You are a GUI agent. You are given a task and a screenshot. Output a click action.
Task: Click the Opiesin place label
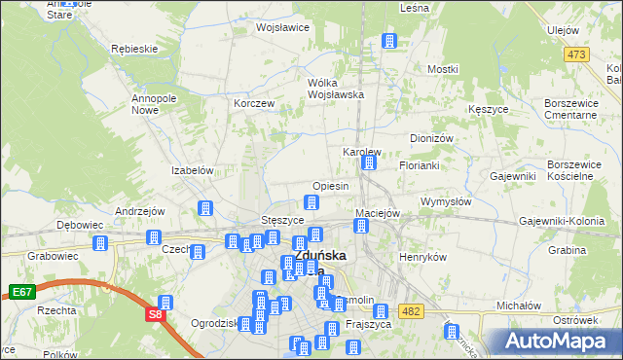330,186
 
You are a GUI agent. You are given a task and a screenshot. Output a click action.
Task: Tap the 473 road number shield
579,54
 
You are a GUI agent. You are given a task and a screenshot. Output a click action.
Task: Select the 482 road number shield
410,310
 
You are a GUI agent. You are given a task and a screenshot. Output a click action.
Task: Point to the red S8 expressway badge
155,314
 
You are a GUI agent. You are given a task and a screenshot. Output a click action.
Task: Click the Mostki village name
442,70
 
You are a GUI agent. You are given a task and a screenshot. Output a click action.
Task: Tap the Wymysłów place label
446,201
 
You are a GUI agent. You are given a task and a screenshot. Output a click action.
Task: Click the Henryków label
422,257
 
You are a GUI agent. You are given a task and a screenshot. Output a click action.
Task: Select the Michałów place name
518,305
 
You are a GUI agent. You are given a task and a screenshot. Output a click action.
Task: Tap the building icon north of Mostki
390,41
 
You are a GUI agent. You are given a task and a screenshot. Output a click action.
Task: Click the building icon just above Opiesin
311,202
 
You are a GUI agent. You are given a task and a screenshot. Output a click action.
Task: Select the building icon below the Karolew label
369,163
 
